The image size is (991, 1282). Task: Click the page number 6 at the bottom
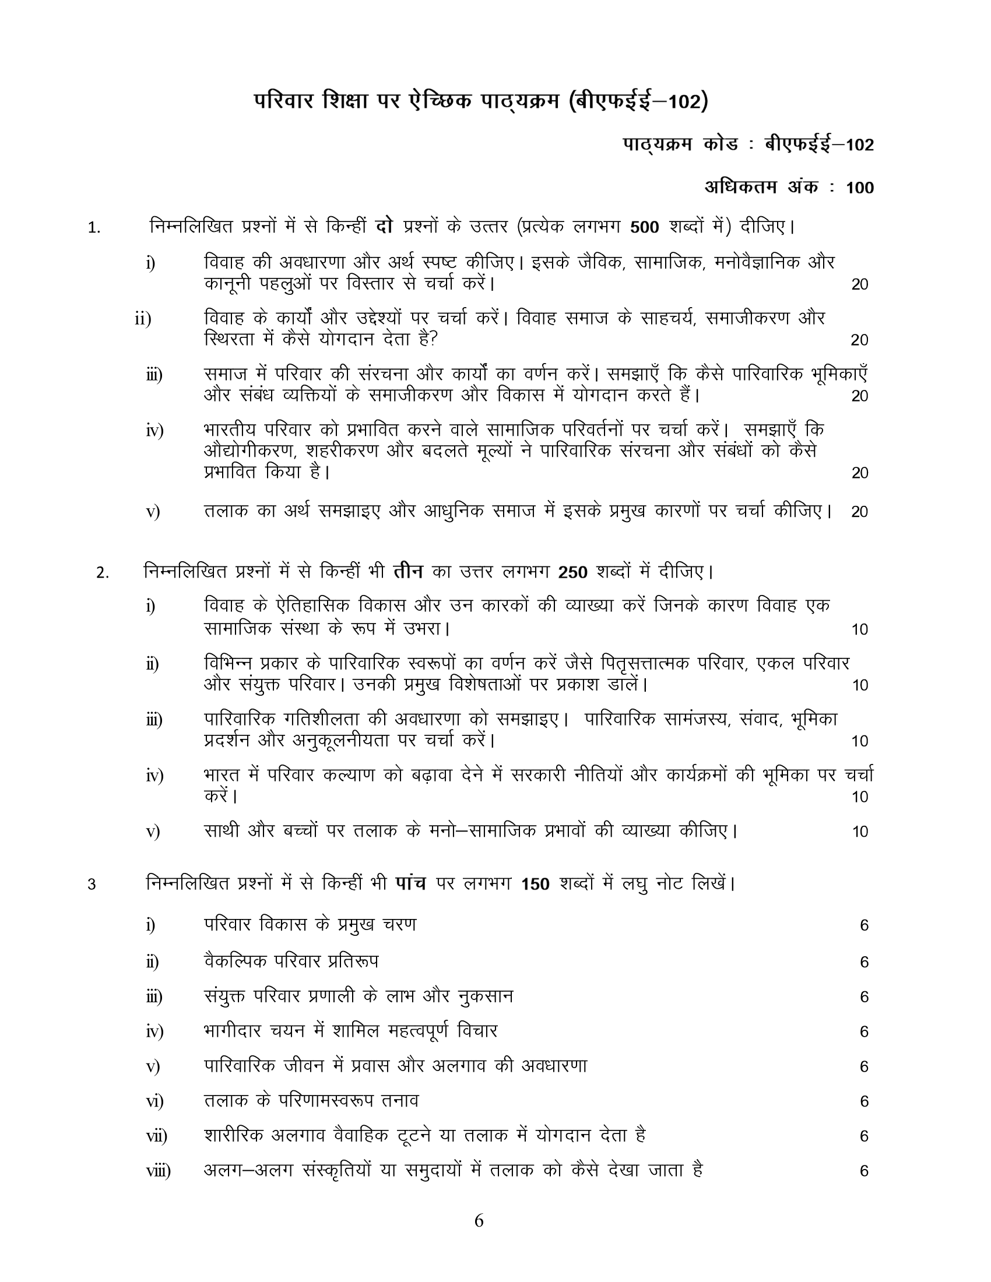point(479,1221)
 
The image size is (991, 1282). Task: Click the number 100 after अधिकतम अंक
point(859,188)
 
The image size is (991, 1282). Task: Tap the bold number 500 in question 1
point(644,228)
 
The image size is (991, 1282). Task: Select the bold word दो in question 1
point(384,227)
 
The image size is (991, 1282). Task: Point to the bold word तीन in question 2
point(408,571)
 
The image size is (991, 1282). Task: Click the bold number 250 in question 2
point(572,572)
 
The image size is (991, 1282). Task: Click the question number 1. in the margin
point(94,228)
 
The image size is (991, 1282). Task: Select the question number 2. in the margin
point(102,573)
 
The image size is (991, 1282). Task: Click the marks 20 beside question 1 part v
point(859,512)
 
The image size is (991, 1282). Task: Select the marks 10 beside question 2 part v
point(859,832)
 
